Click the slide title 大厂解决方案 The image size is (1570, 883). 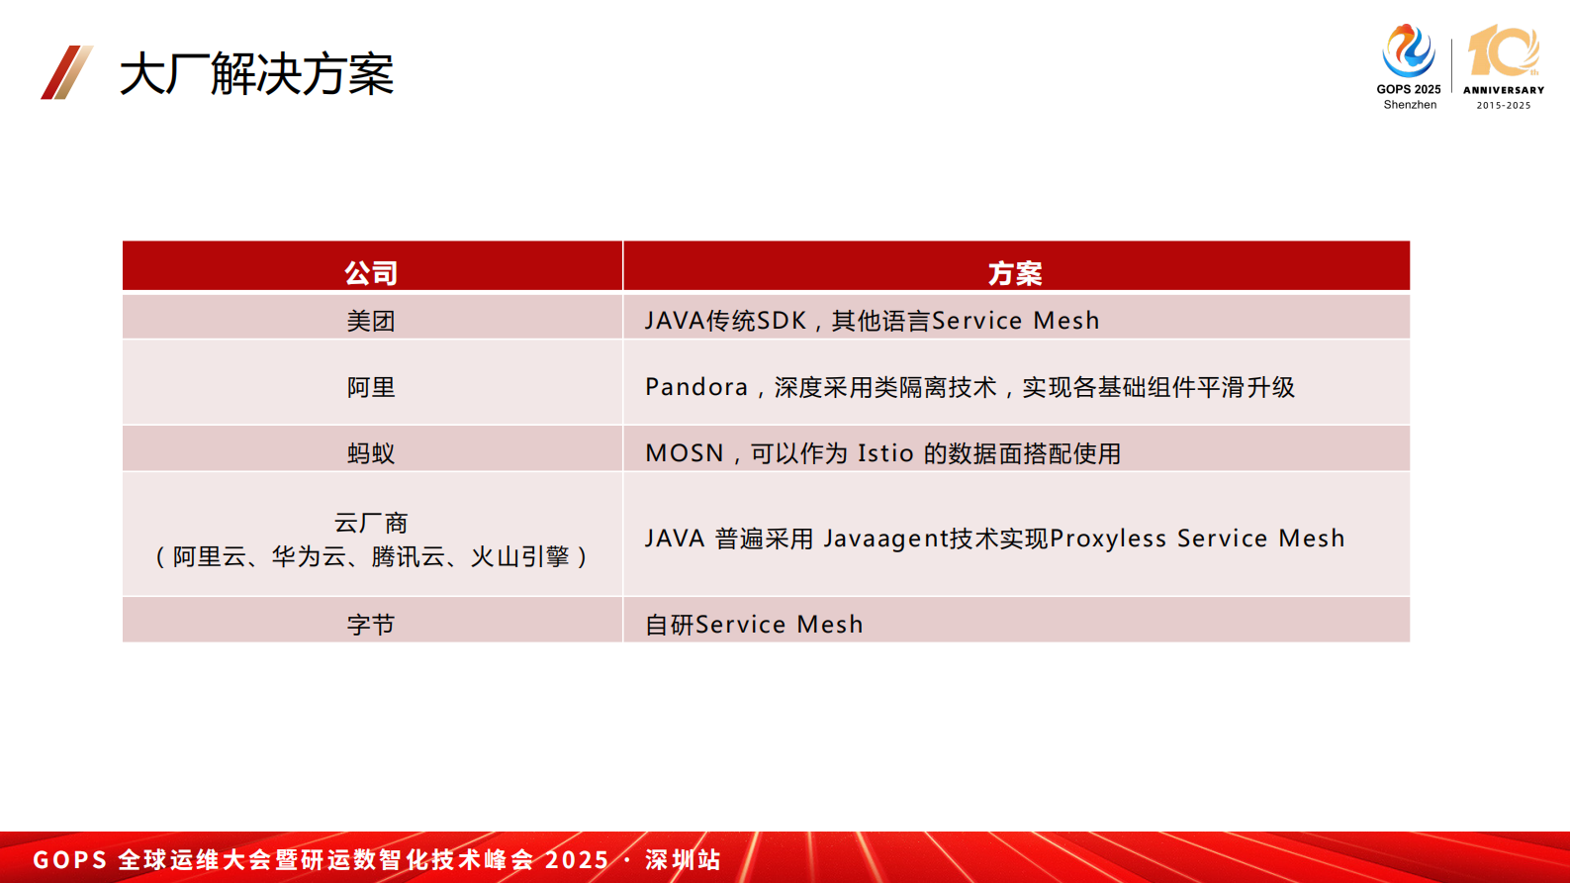pyautogui.click(x=256, y=74)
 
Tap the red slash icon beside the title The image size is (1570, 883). pyautogui.click(x=66, y=72)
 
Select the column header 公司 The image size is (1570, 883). pyautogui.click(x=371, y=273)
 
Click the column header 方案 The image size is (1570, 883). pyautogui.click(x=1015, y=273)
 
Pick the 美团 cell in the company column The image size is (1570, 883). pyautogui.click(x=371, y=321)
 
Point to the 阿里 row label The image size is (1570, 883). pyautogui.click(x=371, y=387)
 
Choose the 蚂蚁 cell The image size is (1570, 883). pyautogui.click(x=371, y=453)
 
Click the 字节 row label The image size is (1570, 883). pyautogui.click(x=371, y=625)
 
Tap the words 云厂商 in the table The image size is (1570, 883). pyautogui.click(x=371, y=523)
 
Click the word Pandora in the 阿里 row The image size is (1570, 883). pyautogui.click(x=696, y=387)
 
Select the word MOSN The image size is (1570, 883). pyautogui.click(x=685, y=453)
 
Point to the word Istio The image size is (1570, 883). pyautogui.click(x=885, y=453)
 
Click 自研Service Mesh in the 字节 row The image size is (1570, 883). pyautogui.click(x=754, y=625)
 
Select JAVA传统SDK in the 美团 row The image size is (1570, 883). pyautogui.click(x=725, y=321)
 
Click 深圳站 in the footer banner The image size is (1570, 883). pyautogui.click(x=683, y=859)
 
